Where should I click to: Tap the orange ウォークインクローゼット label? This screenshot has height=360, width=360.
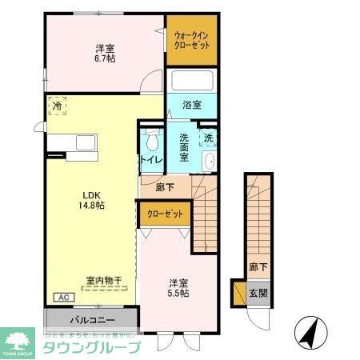tap(192, 39)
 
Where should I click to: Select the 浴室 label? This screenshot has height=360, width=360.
tap(191, 105)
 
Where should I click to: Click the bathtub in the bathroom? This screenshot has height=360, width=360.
tap(191, 82)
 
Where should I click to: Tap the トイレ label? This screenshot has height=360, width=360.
tap(152, 160)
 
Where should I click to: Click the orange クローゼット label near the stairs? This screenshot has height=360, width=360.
tap(165, 214)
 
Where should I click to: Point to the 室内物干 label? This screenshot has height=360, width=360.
tap(103, 280)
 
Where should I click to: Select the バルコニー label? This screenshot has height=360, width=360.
tap(90, 318)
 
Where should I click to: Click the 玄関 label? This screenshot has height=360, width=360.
tap(258, 293)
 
